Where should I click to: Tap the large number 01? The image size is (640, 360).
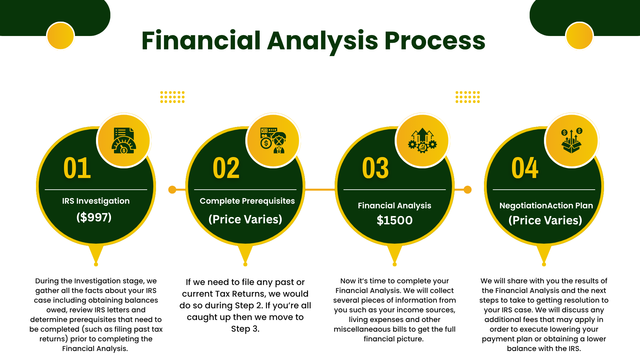tap(77, 168)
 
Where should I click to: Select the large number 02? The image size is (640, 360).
tap(226, 168)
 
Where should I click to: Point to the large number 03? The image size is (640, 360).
tap(376, 168)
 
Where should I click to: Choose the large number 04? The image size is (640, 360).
tap(525, 168)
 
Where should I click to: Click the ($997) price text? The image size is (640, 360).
tap(94, 217)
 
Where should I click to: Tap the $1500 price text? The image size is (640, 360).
tap(395, 220)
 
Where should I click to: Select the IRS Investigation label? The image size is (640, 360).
tap(96, 201)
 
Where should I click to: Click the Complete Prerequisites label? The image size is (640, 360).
tap(247, 201)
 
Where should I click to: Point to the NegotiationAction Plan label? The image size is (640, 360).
tap(546, 206)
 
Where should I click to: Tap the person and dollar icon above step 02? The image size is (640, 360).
tap(273, 140)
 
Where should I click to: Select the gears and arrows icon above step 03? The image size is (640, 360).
tap(422, 140)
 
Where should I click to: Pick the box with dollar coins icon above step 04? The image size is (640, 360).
tap(572, 140)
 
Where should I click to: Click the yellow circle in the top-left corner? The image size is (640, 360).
tap(60, 36)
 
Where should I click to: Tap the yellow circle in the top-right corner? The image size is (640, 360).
tap(579, 36)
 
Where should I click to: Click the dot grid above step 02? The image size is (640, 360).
tap(172, 97)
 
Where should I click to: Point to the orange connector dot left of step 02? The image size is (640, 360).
tap(172, 190)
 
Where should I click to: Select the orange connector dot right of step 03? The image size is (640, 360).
tap(468, 190)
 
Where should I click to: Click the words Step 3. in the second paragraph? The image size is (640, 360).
tap(245, 329)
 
